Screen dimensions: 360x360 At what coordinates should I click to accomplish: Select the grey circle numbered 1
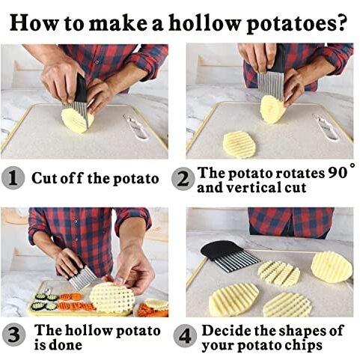tap(13, 178)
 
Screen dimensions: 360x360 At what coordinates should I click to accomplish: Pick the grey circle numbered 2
tap(183, 179)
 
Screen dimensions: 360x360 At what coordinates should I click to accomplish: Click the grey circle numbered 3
tap(13, 335)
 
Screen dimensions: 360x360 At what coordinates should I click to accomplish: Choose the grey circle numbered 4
tap(185, 335)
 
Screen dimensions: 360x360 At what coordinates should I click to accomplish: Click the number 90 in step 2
tap(337, 173)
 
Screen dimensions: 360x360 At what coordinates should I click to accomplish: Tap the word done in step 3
tap(65, 345)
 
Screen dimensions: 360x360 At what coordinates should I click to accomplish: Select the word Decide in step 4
tap(227, 331)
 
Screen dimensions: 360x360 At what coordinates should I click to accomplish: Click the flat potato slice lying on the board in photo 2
tap(240, 145)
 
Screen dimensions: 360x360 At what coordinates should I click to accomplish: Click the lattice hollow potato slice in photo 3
tap(112, 298)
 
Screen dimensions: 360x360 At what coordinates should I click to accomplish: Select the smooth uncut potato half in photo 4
tap(332, 267)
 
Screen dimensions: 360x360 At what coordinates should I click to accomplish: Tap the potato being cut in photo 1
tap(77, 120)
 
